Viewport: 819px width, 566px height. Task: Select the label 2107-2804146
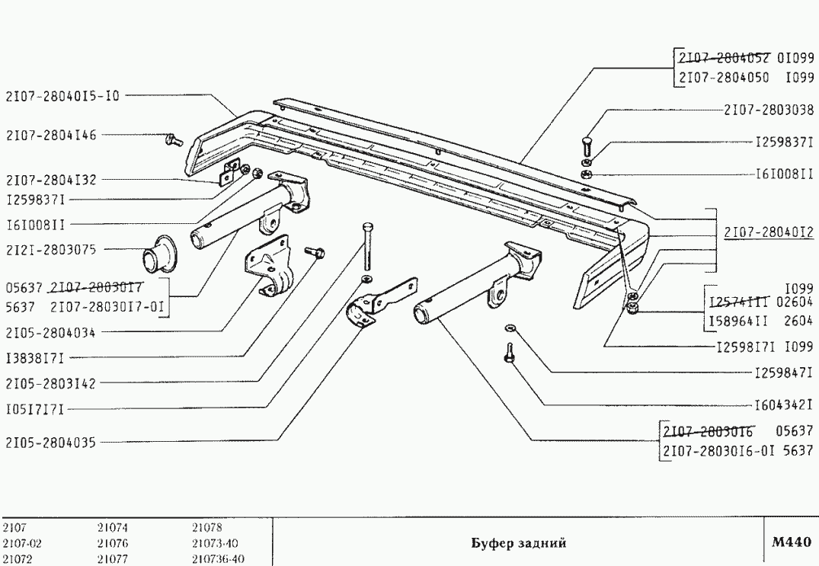(51, 135)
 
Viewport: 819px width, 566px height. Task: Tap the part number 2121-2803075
(51, 249)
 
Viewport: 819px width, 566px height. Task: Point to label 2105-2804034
(51, 332)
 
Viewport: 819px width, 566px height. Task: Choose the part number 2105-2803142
(51, 382)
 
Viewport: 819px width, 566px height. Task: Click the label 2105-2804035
(51, 442)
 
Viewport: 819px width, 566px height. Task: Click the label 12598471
(783, 373)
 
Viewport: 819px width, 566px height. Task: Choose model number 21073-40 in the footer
(216, 544)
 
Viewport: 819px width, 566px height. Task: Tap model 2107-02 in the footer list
(19, 544)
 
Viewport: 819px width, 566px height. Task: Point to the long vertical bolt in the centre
(368, 245)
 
